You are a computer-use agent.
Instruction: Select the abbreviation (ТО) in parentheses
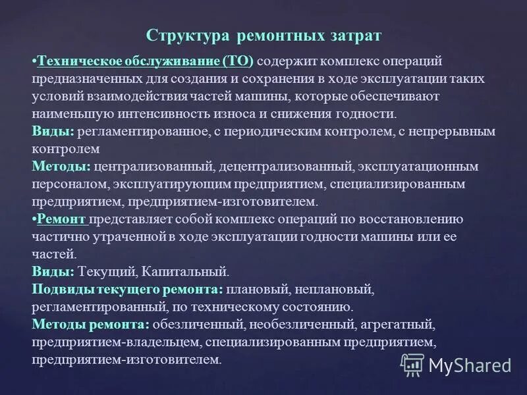click(238, 61)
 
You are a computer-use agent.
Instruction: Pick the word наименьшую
click(65, 113)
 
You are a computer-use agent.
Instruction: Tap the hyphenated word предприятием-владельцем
click(116, 341)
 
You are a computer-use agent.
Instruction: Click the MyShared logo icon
click(412, 364)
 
